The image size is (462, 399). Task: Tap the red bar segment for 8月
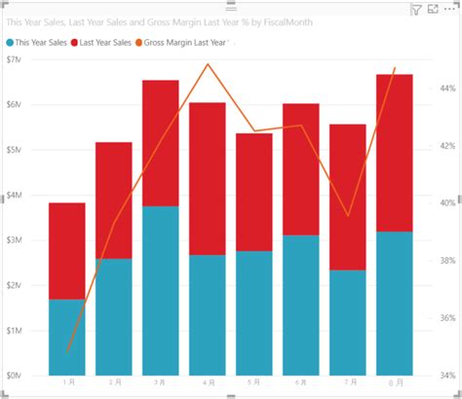coord(394,152)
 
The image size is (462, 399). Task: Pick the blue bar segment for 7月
coord(347,322)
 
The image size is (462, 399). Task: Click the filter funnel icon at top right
coord(415,10)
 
